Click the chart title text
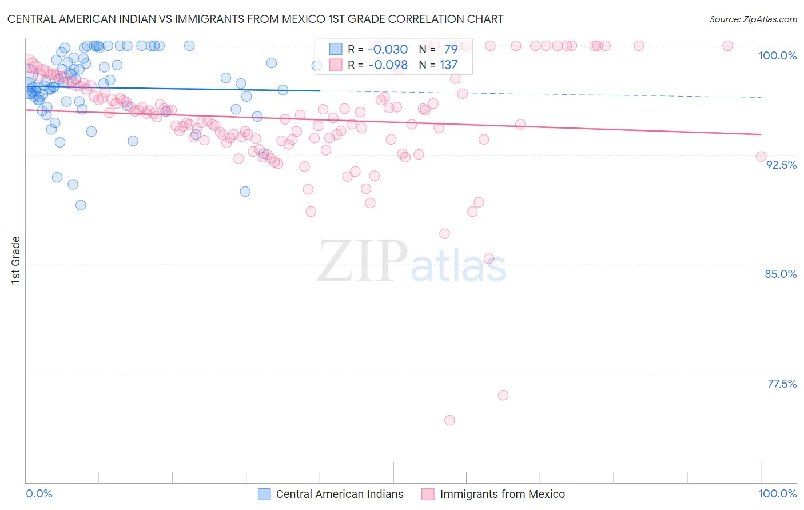pyautogui.click(x=255, y=19)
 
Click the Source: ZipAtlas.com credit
pyautogui.click(x=753, y=19)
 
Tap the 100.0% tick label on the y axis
pyautogui.click(x=777, y=55)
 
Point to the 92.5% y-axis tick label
pyautogui.click(x=781, y=165)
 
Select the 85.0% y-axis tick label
pyautogui.click(x=781, y=274)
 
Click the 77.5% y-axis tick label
pyautogui.click(x=782, y=384)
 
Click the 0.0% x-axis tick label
pyautogui.click(x=39, y=493)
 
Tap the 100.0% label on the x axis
pyautogui.click(x=777, y=493)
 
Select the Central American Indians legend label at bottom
pyautogui.click(x=340, y=494)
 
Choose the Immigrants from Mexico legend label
pyautogui.click(x=502, y=494)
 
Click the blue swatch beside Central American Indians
pyautogui.click(x=264, y=494)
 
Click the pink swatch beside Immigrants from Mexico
pyautogui.click(x=428, y=494)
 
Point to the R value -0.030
pyautogui.click(x=388, y=49)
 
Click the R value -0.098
pyautogui.click(x=388, y=65)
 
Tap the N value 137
pyautogui.click(x=448, y=65)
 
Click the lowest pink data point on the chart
pyautogui.click(x=449, y=420)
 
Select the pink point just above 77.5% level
pyautogui.click(x=503, y=395)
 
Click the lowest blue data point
pyautogui.click(x=81, y=205)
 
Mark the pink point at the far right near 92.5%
pyautogui.click(x=761, y=157)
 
